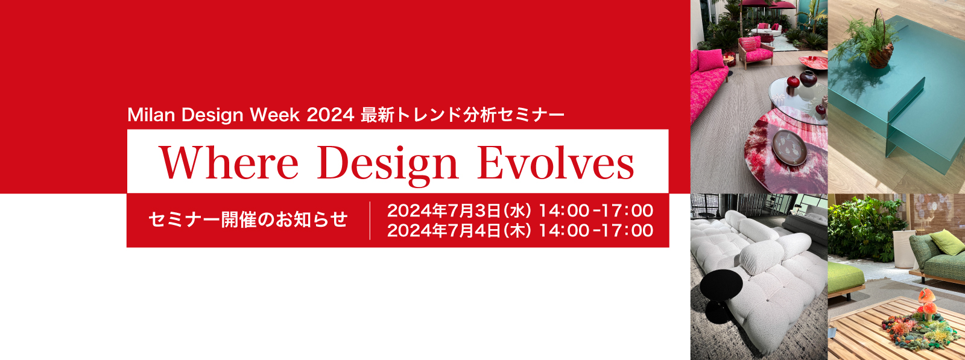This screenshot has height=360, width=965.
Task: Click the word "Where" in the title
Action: coord(229,163)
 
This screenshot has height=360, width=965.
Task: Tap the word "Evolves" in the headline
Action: coord(555,163)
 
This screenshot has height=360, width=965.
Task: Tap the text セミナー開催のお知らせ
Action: coord(248,219)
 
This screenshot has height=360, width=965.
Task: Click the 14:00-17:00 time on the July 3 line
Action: coord(596,210)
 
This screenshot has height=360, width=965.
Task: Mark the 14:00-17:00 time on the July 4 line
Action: coord(596,230)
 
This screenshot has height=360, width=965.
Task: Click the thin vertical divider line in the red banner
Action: coord(370,221)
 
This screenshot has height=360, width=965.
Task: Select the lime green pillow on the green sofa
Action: coord(946,242)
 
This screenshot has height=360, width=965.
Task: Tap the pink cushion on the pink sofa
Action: coord(710,60)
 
